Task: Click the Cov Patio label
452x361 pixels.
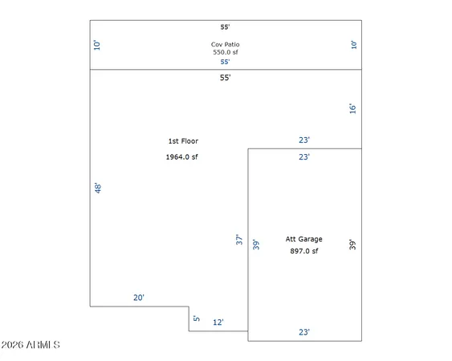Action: click(225, 44)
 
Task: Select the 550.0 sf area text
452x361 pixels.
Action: click(226, 52)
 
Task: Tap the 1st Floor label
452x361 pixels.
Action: click(183, 141)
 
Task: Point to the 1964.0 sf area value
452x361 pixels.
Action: click(182, 156)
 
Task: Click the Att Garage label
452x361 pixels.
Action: click(303, 239)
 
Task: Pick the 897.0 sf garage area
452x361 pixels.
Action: click(304, 251)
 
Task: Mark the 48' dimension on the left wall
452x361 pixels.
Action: click(98, 189)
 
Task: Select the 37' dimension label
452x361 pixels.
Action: click(239, 239)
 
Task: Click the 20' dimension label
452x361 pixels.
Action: click(139, 298)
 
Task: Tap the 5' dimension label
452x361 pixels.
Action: click(197, 318)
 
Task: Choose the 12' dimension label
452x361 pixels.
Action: click(218, 322)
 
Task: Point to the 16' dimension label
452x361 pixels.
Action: click(352, 108)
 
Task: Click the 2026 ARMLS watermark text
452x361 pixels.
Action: click(31, 345)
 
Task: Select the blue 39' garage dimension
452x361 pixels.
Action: click(256, 245)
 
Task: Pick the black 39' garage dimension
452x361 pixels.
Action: click(352, 245)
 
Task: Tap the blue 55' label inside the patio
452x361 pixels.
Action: click(225, 62)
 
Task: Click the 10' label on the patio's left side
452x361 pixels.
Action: click(97, 45)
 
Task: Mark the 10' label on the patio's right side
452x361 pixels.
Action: click(354, 45)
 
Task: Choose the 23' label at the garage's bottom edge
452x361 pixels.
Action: click(304, 332)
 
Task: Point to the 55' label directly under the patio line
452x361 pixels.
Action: click(225, 78)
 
